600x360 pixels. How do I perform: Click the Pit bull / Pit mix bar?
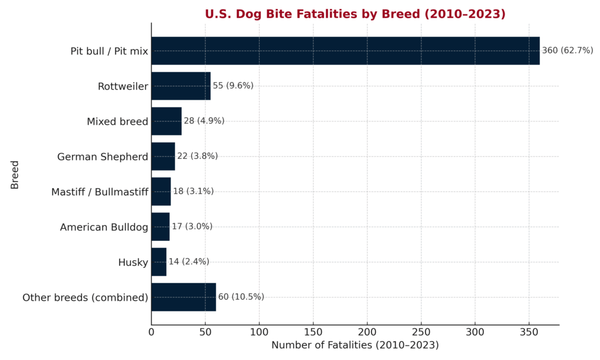345,51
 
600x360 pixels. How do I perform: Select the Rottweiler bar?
180,86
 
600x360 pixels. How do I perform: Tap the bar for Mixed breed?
166,121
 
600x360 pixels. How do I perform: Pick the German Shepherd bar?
163,157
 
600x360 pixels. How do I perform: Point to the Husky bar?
159,262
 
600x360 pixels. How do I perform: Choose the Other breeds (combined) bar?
183,297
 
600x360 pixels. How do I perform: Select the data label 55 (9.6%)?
233,86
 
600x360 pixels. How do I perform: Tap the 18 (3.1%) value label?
193,191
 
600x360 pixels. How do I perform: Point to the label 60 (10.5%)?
241,297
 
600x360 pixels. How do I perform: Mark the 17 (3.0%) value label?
192,226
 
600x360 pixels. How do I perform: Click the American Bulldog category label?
104,227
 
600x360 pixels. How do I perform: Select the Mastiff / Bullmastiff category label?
100,192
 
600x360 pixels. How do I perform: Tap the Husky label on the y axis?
133,262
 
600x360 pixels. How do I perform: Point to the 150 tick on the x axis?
313,332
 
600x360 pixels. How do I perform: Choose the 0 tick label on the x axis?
151,332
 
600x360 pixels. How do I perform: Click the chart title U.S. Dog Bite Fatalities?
355,13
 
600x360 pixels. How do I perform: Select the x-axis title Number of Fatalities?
355,345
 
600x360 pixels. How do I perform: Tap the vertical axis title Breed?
15,174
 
